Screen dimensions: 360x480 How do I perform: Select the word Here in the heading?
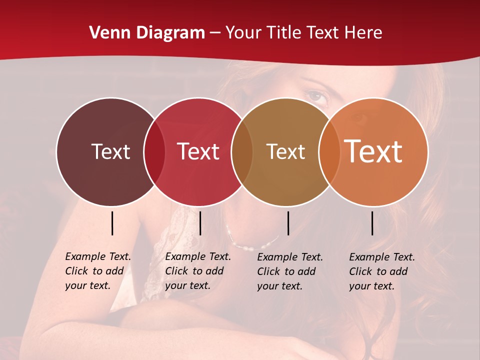click(364, 33)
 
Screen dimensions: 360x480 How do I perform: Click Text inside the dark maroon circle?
click(110, 151)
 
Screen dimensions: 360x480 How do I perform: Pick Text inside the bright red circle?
click(198, 151)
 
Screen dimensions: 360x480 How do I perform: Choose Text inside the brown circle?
click(285, 151)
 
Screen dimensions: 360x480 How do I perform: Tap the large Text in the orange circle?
click(373, 151)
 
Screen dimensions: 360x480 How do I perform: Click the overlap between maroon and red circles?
click(154, 151)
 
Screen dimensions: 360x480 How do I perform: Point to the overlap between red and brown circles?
click(242, 151)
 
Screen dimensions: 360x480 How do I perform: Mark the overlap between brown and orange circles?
click(329, 151)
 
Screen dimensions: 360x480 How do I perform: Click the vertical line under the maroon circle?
click(112, 223)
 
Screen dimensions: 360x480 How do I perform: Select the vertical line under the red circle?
click(200, 223)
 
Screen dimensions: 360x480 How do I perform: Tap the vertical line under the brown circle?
click(288, 223)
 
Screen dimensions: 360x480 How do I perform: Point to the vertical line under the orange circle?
click(372, 223)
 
